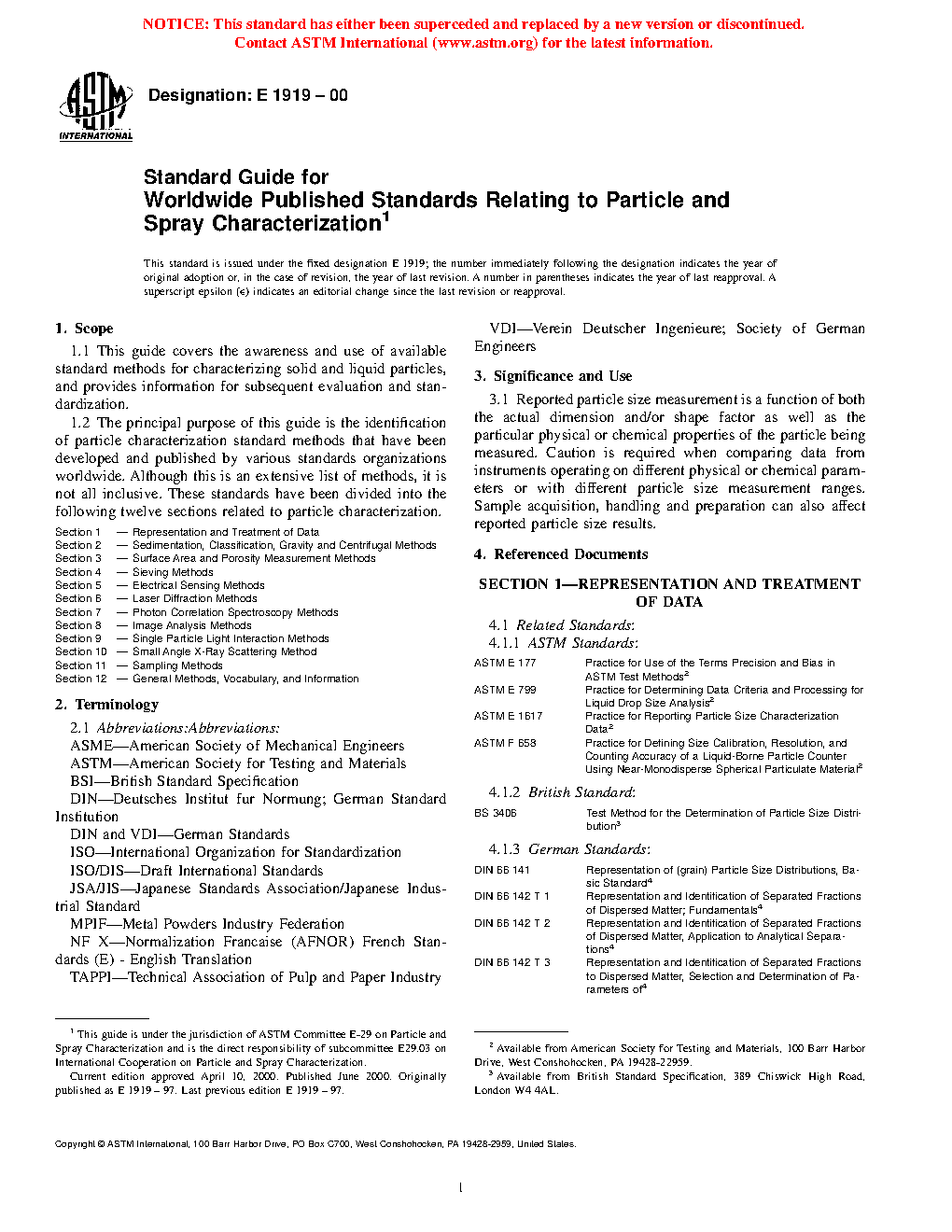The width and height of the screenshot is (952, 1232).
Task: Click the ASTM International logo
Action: coord(95,107)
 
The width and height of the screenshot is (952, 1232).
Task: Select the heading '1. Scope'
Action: coord(84,329)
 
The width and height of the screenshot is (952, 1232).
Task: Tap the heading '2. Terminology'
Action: coord(106,705)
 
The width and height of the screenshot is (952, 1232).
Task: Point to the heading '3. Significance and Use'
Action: coord(553,376)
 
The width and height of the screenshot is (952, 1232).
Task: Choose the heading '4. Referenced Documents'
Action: coord(560,554)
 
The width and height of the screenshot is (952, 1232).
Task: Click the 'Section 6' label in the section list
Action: coord(78,598)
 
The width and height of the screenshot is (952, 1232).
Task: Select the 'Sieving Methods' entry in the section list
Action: coord(173,572)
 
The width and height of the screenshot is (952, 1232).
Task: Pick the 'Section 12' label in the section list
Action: coord(81,679)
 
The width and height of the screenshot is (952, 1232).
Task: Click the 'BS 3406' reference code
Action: coord(496,813)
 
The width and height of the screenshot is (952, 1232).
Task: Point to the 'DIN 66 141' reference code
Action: coord(502,870)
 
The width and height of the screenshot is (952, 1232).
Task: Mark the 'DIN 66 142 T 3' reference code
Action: coord(512,962)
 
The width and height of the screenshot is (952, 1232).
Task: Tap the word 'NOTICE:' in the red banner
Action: coord(175,24)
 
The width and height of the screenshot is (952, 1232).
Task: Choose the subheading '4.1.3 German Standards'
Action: coord(568,849)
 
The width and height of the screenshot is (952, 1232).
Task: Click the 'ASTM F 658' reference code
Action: coord(505,743)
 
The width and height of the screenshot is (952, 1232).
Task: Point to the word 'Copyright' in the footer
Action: coord(75,1143)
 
